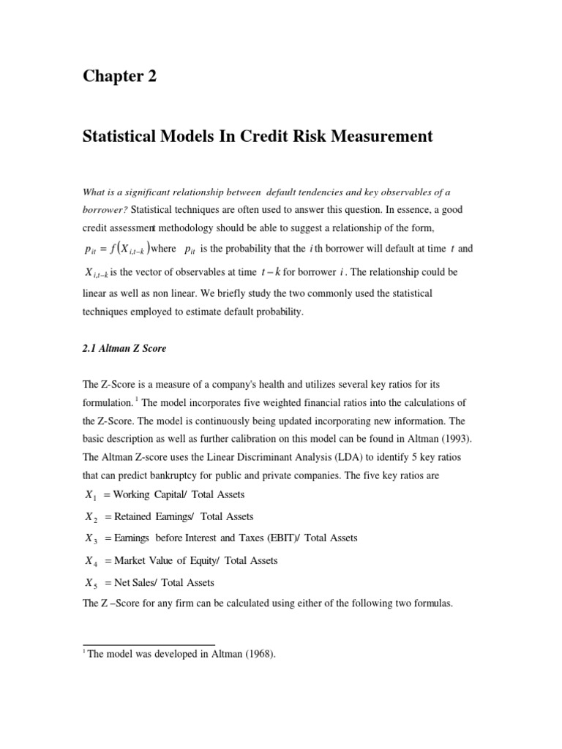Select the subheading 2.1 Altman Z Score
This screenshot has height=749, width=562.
point(124,349)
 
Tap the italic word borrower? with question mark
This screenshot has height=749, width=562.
point(105,210)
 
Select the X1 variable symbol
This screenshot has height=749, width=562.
point(91,496)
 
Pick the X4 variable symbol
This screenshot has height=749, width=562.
point(91,562)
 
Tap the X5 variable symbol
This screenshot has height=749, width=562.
point(91,584)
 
